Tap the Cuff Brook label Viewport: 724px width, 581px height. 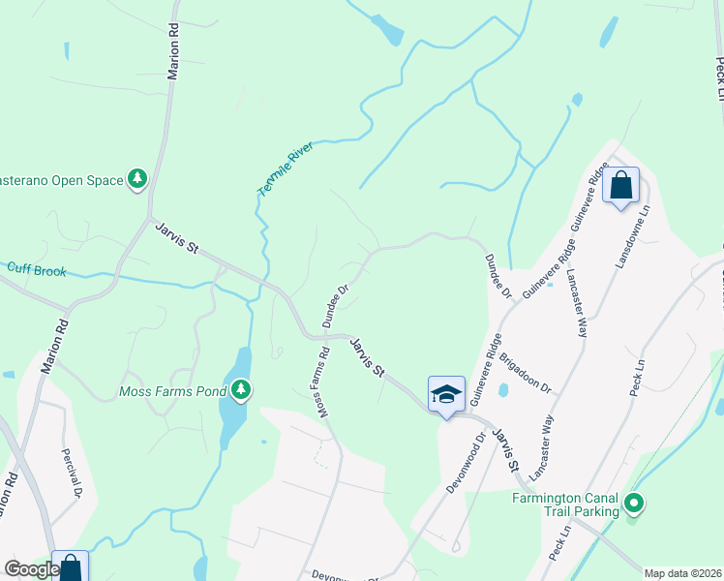click(37, 270)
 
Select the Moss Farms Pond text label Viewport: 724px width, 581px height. click(172, 391)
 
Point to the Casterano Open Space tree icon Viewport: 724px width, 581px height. click(137, 179)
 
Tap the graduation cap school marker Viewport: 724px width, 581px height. click(445, 393)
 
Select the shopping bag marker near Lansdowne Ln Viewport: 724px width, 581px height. click(620, 184)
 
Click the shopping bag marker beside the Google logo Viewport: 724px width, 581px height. click(71, 567)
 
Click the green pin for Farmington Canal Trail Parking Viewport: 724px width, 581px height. click(633, 504)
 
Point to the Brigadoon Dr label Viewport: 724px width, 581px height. click(525, 373)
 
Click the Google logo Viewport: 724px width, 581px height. click(31, 569)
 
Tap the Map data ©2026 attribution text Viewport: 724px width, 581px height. click(682, 573)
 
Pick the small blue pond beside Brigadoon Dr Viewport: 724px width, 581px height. click(502, 391)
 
